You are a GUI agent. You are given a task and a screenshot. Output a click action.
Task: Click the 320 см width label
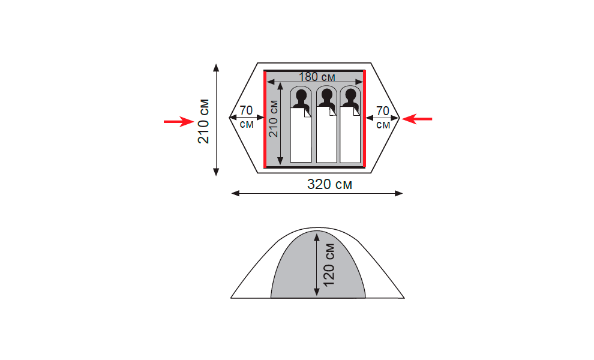[x=329, y=184]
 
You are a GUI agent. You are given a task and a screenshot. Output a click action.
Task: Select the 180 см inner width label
[x=317, y=77]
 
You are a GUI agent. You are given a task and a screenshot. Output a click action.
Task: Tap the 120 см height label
[x=329, y=265]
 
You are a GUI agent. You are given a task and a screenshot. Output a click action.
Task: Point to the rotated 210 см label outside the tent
[x=203, y=121]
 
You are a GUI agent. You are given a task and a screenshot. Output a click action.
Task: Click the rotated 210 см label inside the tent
[x=273, y=119]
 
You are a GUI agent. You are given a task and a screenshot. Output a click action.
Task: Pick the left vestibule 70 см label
[x=246, y=117]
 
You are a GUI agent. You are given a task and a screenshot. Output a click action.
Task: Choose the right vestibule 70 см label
[x=383, y=118]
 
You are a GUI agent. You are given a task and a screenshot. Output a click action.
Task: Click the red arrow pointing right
[x=179, y=122]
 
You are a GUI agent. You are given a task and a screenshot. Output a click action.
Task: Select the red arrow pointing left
[x=417, y=119]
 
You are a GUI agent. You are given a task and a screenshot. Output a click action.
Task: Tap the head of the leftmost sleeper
[x=301, y=95]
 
